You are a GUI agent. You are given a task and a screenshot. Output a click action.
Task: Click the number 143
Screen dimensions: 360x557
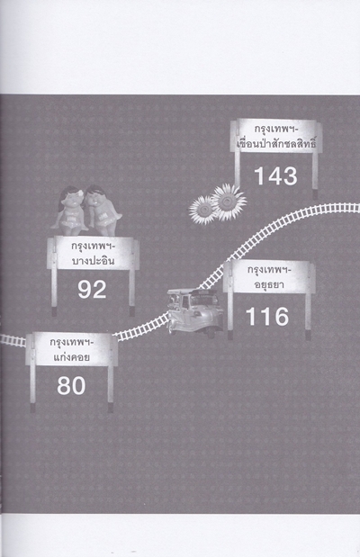point(275,176)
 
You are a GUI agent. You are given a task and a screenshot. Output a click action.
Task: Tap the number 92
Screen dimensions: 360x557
point(92,290)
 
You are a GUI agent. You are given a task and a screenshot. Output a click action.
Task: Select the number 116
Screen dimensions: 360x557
point(267,317)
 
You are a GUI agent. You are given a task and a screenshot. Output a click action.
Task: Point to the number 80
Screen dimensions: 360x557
point(71,386)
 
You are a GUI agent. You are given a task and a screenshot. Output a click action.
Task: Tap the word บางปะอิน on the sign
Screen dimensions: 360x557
point(93,261)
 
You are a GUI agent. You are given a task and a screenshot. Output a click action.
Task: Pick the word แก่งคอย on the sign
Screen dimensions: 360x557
point(71,357)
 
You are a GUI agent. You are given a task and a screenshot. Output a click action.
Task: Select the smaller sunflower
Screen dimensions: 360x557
point(202,211)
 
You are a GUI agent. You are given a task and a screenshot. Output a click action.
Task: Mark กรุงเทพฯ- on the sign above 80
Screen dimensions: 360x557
point(71,343)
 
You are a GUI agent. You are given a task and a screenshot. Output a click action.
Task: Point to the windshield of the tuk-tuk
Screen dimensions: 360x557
point(201,301)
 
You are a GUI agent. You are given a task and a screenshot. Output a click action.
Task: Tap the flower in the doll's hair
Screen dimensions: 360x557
point(79,193)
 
